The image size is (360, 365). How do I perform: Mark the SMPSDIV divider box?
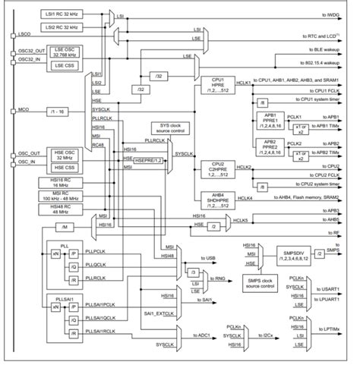click(286, 259)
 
